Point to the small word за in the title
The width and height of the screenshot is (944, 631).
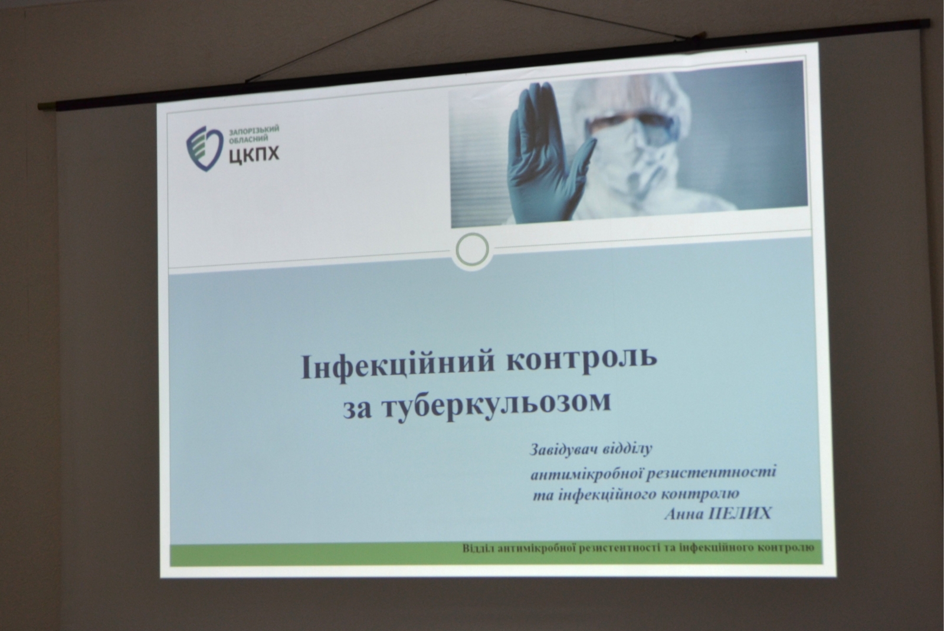pyautogui.click(x=358, y=410)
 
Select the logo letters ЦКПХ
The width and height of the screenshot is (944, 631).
pyautogui.click(x=254, y=155)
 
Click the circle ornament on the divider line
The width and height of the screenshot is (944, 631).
pyautogui.click(x=472, y=250)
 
